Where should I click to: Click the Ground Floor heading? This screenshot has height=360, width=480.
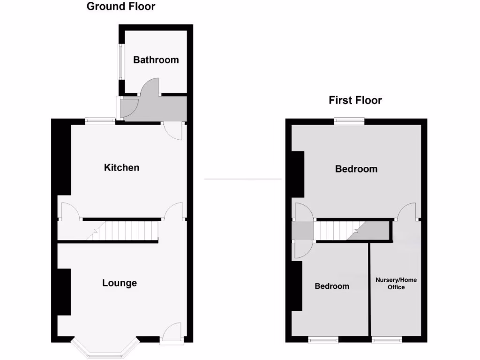(x=121, y=7)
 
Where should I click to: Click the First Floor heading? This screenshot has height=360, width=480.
(x=355, y=100)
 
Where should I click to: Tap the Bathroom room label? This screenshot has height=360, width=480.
(x=156, y=60)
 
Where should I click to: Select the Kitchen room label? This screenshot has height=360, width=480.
(x=121, y=167)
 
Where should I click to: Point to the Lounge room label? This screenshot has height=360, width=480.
(x=120, y=283)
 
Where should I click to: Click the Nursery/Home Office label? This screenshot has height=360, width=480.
(x=396, y=284)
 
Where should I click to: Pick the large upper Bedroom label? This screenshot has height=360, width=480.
(x=356, y=169)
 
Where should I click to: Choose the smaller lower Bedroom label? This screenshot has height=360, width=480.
(x=332, y=286)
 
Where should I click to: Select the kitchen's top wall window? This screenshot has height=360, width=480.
(x=100, y=121)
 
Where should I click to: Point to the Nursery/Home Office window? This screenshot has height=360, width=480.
(x=387, y=339)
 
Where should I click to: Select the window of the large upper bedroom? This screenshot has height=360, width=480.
(x=349, y=121)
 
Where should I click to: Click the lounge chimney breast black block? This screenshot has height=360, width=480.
(x=64, y=292)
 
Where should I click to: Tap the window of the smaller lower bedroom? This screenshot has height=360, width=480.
(x=323, y=339)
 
